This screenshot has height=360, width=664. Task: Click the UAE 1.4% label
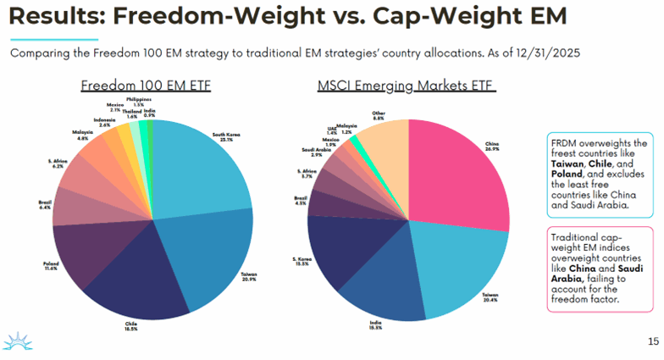332,132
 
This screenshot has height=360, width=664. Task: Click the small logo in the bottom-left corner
18,341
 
